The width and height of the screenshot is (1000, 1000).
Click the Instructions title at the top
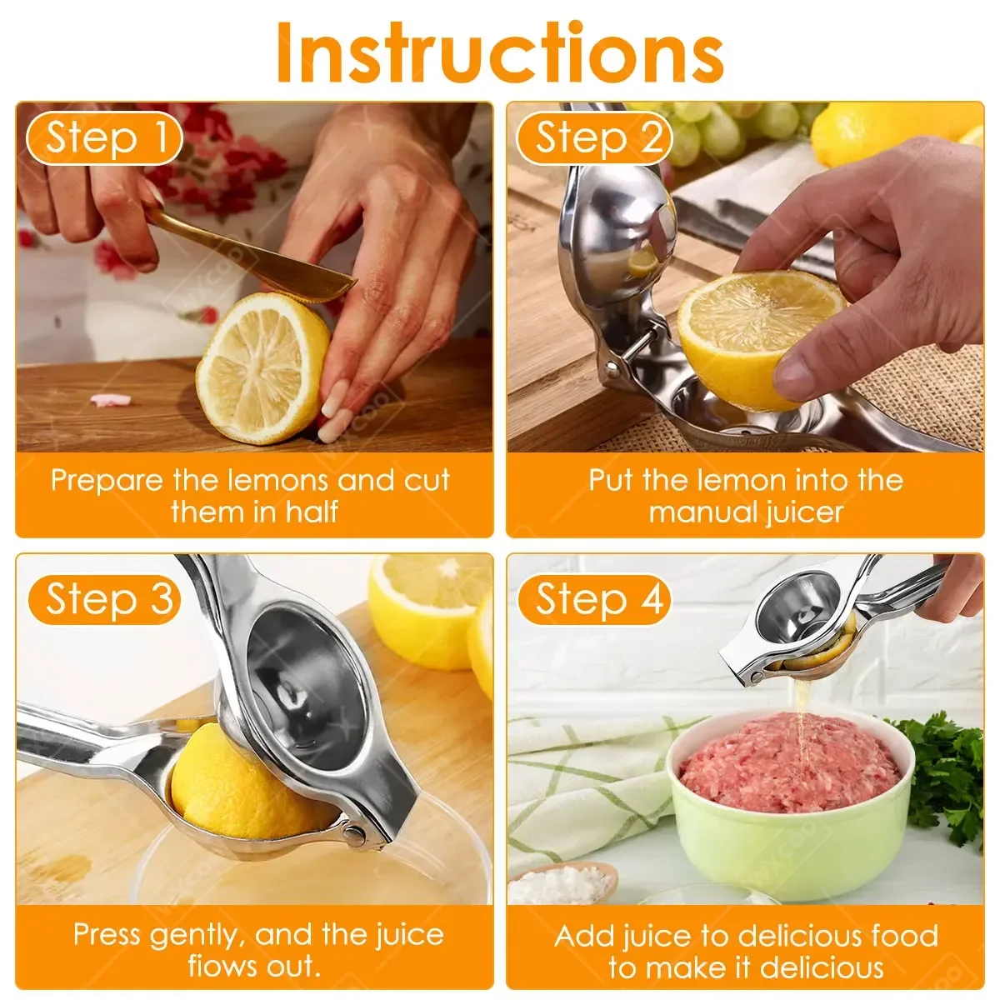click(500, 52)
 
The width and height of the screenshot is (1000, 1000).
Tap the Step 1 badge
click(103, 137)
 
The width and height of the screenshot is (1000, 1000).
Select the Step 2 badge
click(593, 137)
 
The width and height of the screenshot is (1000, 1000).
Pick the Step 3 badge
click(103, 599)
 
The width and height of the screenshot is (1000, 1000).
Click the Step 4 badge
click(593, 599)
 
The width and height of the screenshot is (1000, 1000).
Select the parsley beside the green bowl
click(950, 775)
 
